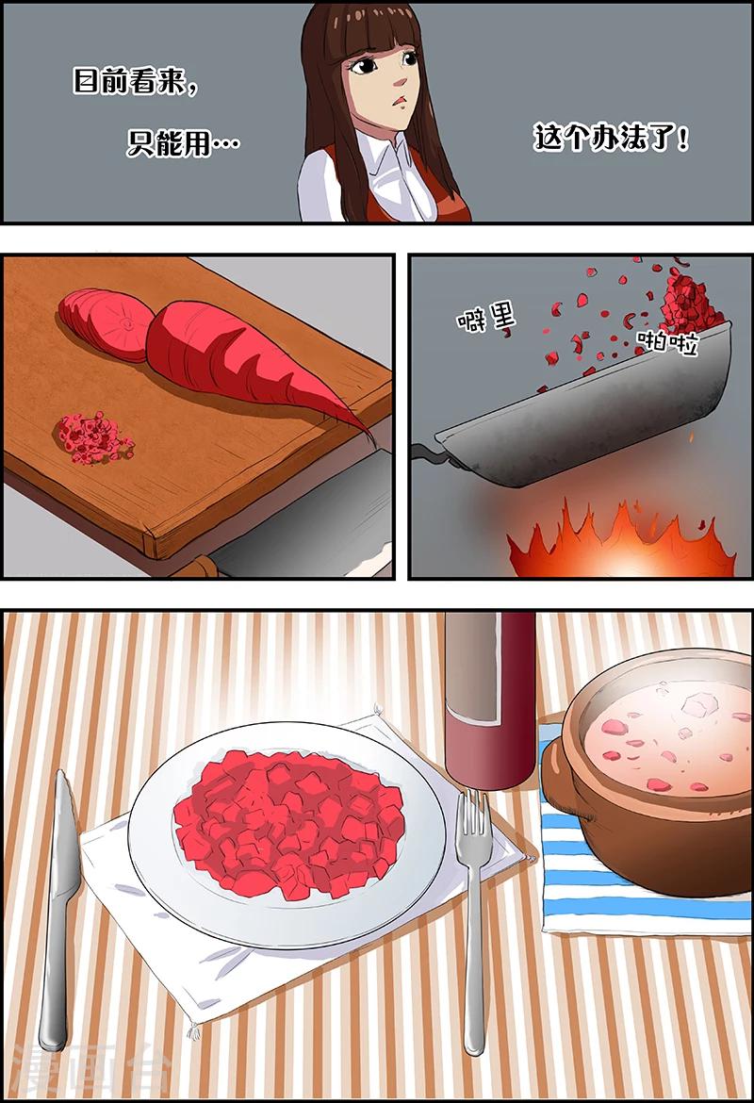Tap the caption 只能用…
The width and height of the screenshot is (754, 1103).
[x=182, y=143]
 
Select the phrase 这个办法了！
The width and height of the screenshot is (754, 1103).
[x=611, y=139]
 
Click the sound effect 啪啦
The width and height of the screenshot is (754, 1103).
[x=667, y=343]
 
